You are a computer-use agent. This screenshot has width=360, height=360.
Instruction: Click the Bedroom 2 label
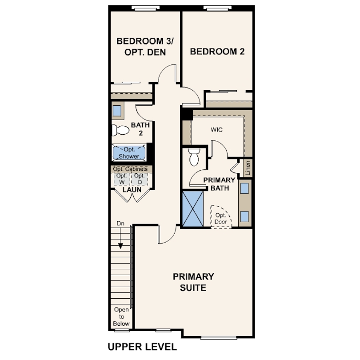(x=217, y=52)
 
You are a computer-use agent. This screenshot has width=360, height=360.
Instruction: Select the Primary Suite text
(x=193, y=282)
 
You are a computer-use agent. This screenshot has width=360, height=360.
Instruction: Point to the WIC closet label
(x=216, y=130)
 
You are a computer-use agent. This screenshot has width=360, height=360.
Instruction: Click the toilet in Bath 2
(x=120, y=130)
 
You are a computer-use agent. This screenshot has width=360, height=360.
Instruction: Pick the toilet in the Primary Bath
(x=194, y=157)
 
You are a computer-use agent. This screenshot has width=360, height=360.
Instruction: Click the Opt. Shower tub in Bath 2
(x=128, y=153)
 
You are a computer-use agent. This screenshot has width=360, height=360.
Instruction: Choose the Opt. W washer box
(x=121, y=179)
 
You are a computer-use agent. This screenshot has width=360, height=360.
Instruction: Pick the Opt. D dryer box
(x=139, y=179)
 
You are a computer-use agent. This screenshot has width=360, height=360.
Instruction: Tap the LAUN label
(x=132, y=190)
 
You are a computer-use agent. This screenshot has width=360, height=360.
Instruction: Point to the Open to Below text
(x=121, y=316)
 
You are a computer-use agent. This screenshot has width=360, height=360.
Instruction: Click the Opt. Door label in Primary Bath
(x=221, y=218)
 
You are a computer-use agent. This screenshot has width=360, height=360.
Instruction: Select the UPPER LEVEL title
(x=142, y=347)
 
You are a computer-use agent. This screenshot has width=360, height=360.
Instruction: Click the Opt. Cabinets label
(x=130, y=169)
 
